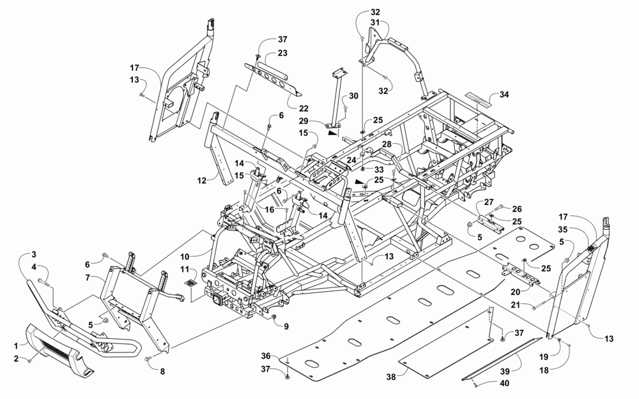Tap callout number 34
[505, 94]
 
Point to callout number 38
[391, 377]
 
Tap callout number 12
[201, 181]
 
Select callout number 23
[281, 54]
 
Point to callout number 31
[375, 23]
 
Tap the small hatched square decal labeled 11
[189, 282]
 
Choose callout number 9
[286, 327]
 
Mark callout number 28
[387, 146]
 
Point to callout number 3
[34, 255]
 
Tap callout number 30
[353, 96]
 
